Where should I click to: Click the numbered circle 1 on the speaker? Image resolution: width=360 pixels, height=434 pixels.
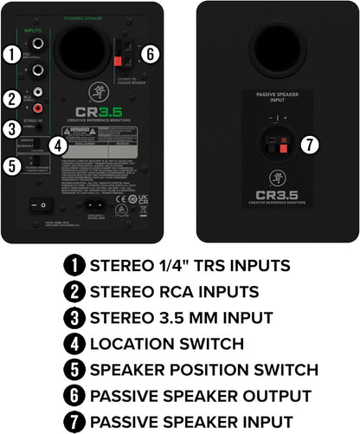point(11,55)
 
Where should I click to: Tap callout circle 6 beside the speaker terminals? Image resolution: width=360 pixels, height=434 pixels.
point(150,54)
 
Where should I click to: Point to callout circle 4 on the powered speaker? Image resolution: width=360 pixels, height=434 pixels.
point(57,146)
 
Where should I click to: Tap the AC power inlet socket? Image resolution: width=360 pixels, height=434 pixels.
point(96,207)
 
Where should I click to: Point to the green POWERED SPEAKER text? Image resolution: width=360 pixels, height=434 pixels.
point(85,18)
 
